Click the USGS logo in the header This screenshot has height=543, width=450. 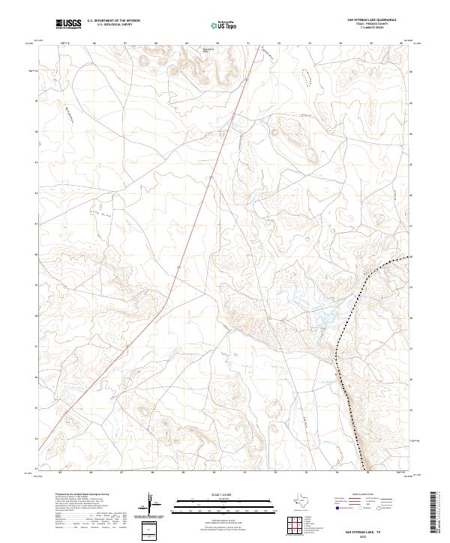click(x=68, y=25)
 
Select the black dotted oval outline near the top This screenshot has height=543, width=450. click(x=304, y=75)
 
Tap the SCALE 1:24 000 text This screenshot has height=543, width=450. click(x=214, y=496)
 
